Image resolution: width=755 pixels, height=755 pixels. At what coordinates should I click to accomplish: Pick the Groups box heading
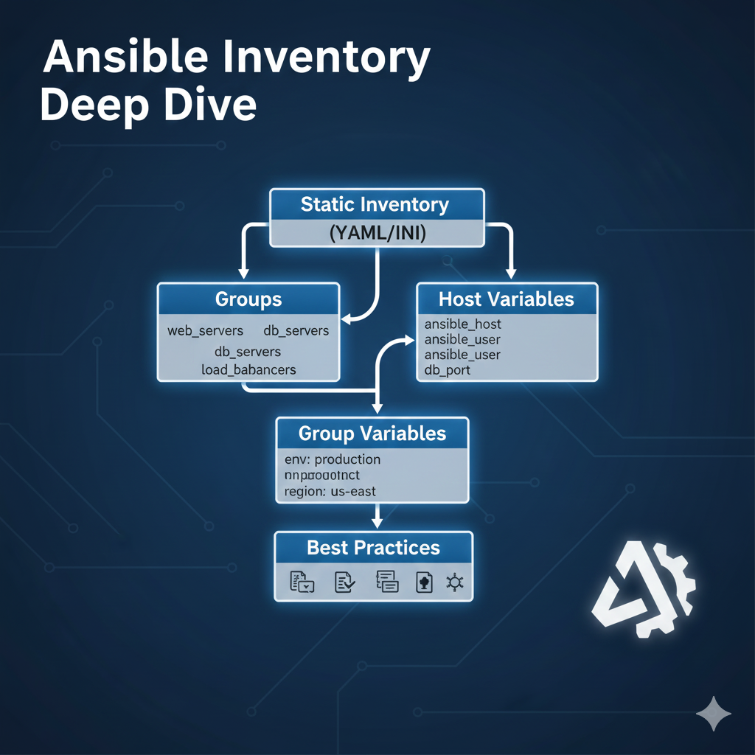point(248,299)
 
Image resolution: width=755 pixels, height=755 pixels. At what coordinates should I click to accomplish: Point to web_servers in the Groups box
point(205,330)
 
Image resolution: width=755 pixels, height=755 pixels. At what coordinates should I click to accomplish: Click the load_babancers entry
point(248,369)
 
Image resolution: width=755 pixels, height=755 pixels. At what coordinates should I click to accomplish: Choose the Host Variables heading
point(507,299)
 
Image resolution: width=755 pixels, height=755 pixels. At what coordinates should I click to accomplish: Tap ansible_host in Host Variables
point(463,324)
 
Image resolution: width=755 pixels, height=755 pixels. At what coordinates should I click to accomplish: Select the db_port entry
point(448,370)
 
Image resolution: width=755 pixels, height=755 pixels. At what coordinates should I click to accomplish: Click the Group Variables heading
point(372,433)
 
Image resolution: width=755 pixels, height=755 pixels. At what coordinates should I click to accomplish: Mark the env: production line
point(333,459)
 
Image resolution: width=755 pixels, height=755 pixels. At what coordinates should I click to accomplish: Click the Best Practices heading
point(373,548)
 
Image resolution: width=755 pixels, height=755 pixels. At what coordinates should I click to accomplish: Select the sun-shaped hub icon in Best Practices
point(454,582)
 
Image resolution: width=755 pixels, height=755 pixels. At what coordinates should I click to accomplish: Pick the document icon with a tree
point(424,582)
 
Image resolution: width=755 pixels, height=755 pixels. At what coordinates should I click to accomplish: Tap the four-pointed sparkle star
point(714,714)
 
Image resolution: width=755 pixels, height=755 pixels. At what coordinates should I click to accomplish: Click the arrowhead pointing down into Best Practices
point(377,522)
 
